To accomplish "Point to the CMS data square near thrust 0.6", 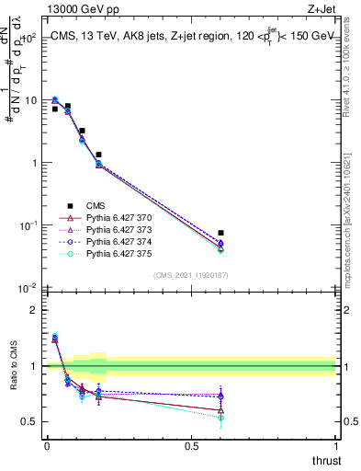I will click(220, 234).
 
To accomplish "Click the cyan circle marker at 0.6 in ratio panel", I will click(220, 418).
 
